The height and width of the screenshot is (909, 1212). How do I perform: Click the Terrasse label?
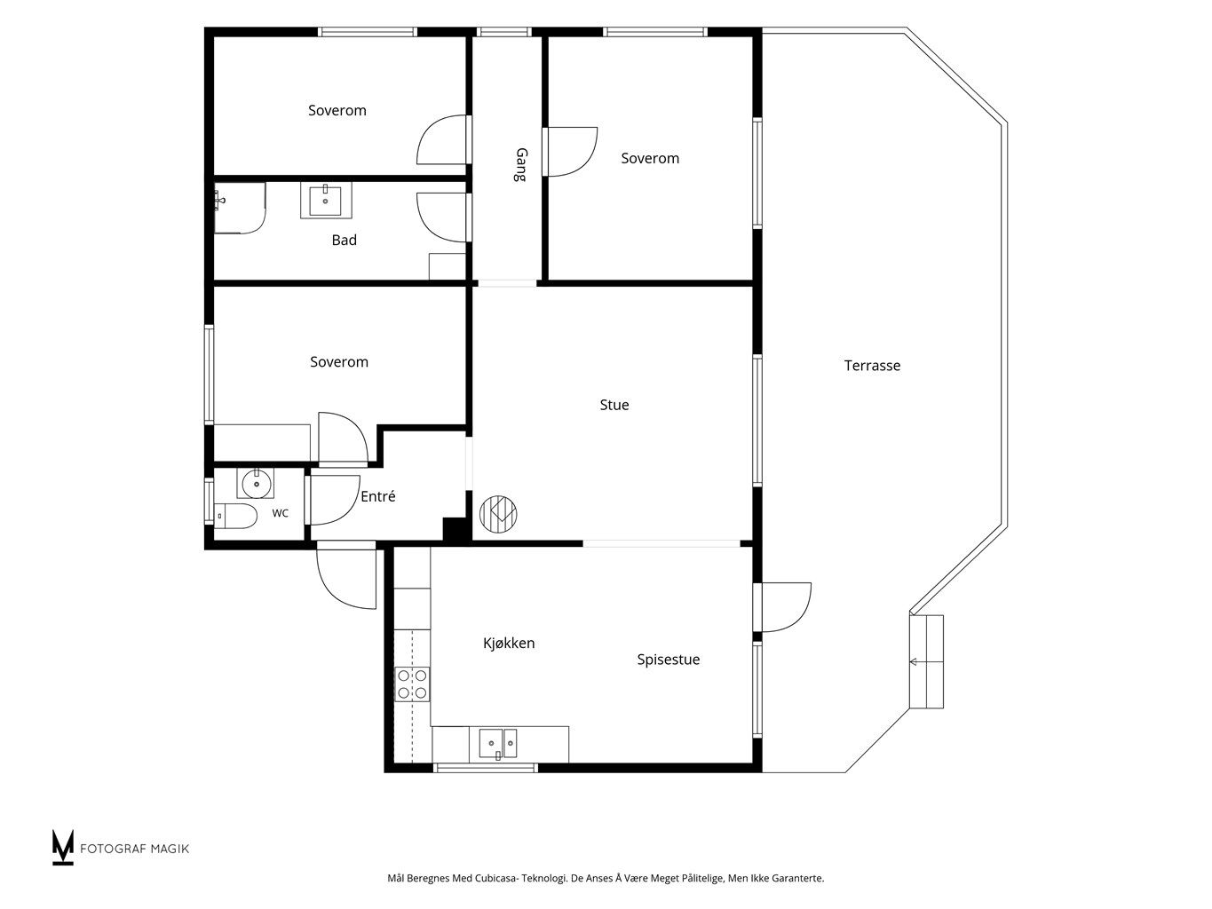coord(872,366)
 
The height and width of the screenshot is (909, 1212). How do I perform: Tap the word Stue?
coord(614,405)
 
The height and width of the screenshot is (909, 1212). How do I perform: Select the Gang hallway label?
coord(520,164)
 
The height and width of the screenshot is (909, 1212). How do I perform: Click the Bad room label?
coord(344,240)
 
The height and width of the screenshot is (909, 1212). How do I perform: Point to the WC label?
coord(280,513)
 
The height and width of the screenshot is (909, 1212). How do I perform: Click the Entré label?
coord(378,496)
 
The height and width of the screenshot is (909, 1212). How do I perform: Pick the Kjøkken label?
coord(509,643)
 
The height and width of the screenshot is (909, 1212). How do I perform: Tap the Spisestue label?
coord(668,660)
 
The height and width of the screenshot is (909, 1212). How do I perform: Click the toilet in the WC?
coord(236,516)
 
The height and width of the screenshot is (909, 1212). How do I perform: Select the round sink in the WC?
coord(256,484)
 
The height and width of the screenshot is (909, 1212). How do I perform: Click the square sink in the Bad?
coord(326,201)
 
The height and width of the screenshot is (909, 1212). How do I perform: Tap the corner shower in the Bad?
coord(240,208)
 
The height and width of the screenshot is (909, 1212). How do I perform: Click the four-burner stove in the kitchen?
coord(412,684)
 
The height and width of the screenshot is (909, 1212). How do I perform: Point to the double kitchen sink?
coord(498,743)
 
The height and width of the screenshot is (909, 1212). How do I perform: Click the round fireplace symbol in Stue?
coord(498,514)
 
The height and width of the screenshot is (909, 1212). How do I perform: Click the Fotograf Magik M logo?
coord(63,847)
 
